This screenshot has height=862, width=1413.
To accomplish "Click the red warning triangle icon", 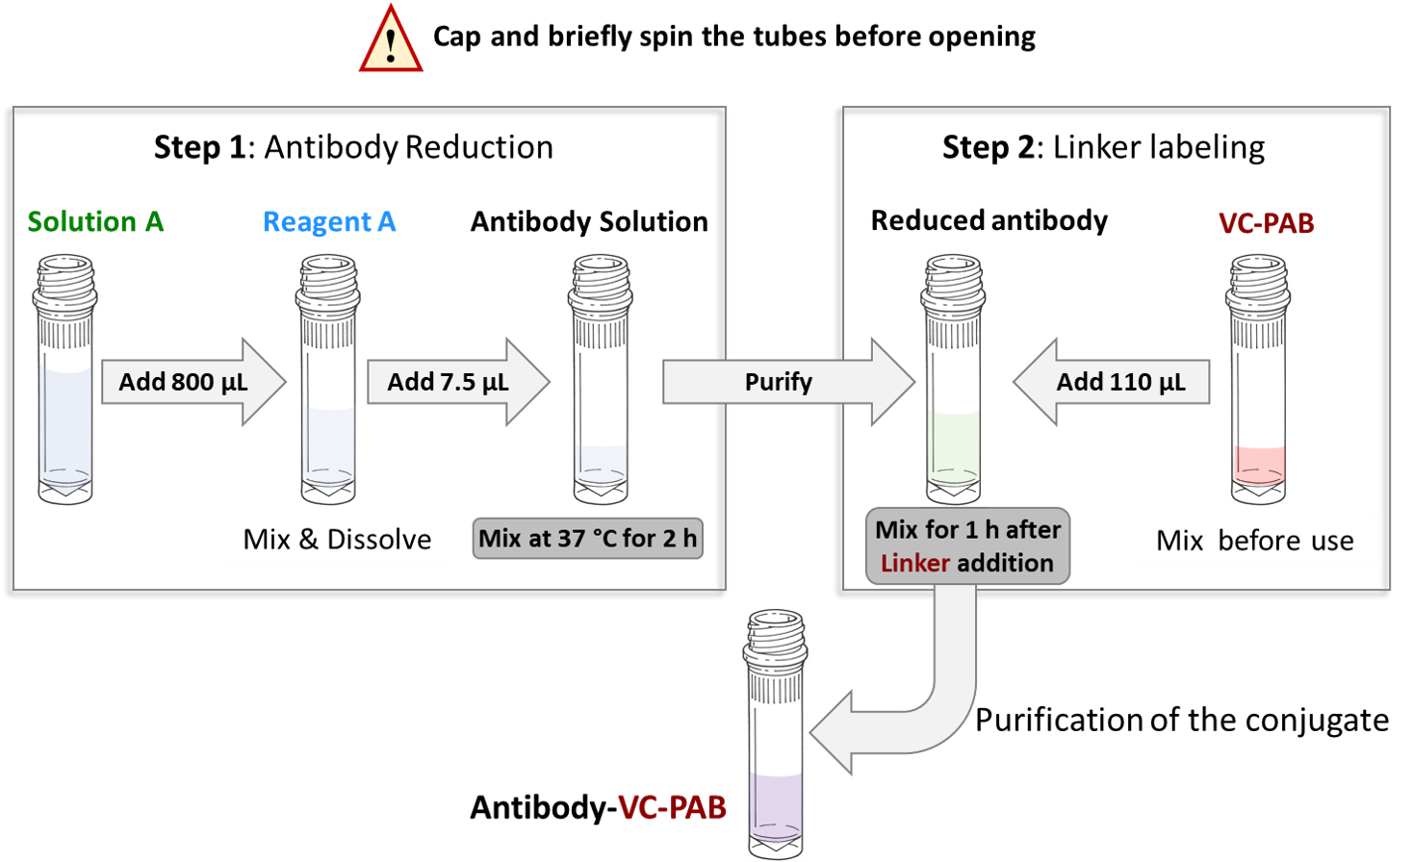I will click(391, 43).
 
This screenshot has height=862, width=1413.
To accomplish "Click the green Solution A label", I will click(95, 222).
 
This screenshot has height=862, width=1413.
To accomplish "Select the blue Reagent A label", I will click(329, 222).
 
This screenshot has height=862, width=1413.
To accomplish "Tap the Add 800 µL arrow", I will click(188, 382).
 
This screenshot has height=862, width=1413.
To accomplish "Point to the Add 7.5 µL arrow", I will click(452, 382).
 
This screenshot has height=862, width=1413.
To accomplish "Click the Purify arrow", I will click(780, 382).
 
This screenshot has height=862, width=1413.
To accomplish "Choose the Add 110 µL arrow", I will click(1117, 382).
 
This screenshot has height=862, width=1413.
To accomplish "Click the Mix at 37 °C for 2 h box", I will click(587, 538).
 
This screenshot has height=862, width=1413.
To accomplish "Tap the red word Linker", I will click(915, 563).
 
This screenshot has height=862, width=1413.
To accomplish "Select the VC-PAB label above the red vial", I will click(1266, 223).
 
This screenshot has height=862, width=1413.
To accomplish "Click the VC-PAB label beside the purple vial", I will click(672, 807).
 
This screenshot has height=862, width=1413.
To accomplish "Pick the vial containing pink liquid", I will click(1257, 379).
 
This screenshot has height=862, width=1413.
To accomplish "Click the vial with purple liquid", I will click(775, 733).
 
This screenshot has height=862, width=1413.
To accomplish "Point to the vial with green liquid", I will click(953, 379).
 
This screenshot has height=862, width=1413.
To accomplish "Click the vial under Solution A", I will click(64, 379).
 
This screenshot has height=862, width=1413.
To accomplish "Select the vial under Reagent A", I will click(327, 379).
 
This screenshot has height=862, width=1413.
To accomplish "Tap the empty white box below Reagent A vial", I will click(337, 538).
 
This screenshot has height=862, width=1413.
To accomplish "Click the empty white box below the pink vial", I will click(1258, 540).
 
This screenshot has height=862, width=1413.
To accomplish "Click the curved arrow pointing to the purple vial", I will click(924, 693).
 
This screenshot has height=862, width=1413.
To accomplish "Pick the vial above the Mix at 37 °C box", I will click(600, 379).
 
